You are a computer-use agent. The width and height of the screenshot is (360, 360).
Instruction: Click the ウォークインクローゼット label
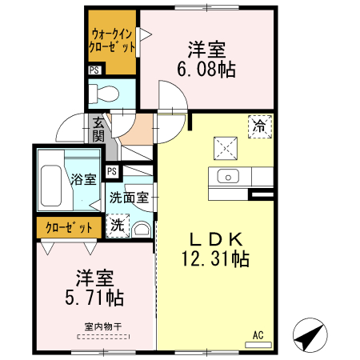point(112,41)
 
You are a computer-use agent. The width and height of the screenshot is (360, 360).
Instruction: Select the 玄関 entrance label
point(98,130)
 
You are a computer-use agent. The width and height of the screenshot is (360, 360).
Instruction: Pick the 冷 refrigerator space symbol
point(259,126)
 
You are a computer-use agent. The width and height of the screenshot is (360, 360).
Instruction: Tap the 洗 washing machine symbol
point(117,226)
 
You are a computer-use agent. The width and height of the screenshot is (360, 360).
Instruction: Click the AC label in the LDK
point(258,334)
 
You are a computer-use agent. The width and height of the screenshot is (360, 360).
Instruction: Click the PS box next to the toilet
point(94,70)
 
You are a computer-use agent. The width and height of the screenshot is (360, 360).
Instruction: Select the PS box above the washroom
point(112,170)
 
